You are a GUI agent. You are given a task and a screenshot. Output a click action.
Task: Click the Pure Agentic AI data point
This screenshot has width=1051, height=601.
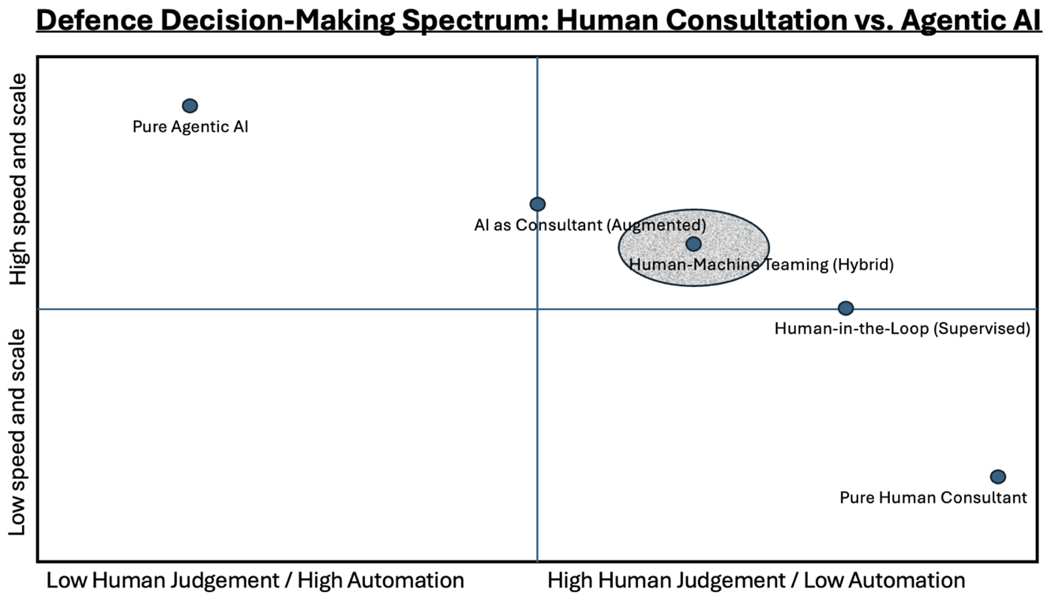tap(190, 106)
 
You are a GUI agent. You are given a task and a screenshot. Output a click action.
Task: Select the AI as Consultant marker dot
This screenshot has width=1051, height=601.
tap(538, 204)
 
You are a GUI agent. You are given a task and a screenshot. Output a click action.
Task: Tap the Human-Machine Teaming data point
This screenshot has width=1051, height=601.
tap(694, 244)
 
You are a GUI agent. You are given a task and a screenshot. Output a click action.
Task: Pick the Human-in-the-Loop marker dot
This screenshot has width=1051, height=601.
tap(846, 308)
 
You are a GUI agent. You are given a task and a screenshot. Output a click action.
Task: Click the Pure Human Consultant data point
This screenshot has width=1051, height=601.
tap(998, 477)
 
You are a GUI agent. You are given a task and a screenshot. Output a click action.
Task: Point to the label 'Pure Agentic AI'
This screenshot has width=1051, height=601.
tap(190, 127)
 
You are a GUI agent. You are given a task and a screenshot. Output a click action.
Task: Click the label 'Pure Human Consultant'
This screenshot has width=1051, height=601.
tap(933, 498)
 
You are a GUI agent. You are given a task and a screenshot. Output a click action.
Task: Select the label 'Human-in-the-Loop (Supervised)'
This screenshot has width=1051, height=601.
tap(902, 328)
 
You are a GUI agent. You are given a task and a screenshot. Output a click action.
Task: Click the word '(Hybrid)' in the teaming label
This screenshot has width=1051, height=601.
tap(863, 265)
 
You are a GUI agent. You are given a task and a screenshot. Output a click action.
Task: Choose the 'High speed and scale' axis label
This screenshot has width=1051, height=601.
tap(18, 180)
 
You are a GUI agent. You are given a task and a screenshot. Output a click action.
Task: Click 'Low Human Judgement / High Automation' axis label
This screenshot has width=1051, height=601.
tap(255, 581)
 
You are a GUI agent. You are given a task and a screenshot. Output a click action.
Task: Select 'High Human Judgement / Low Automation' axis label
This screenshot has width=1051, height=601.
tap(756, 581)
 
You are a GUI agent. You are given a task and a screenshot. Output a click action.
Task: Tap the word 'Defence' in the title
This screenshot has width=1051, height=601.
tap(94, 20)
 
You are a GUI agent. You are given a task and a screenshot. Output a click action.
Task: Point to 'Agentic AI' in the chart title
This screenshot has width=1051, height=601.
tap(971, 20)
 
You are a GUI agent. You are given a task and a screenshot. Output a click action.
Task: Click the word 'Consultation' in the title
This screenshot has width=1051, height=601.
tap(701, 20)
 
